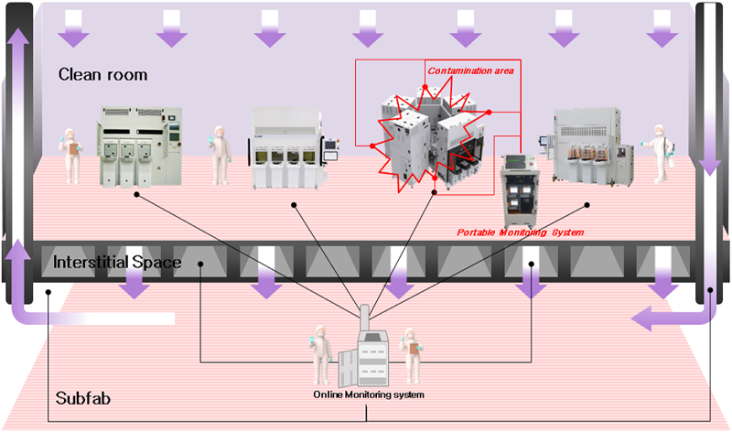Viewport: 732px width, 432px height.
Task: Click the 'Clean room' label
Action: point(102,74)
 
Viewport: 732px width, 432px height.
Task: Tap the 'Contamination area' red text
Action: point(470,70)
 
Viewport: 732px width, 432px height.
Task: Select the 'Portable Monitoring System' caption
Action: point(520,232)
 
